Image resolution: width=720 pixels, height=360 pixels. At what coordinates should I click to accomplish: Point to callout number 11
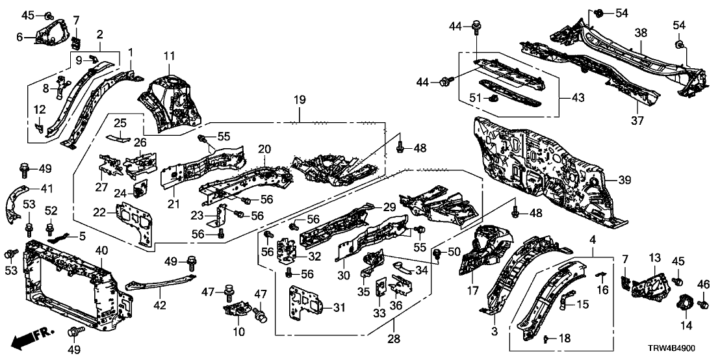170,57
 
